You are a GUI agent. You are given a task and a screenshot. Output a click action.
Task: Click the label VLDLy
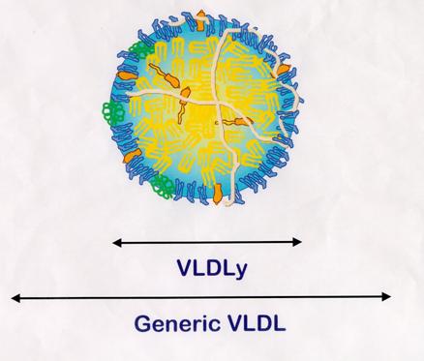click(208, 266)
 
